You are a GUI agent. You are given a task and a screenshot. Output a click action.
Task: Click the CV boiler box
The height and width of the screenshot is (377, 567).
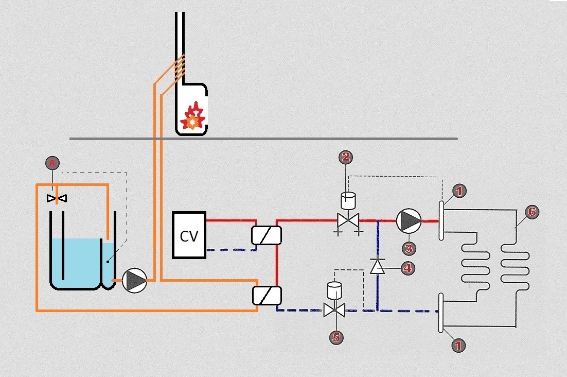point(189,235)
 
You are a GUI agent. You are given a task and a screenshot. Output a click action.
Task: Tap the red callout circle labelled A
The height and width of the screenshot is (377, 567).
point(51,164)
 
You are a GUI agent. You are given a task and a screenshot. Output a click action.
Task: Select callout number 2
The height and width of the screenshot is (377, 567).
point(345,157)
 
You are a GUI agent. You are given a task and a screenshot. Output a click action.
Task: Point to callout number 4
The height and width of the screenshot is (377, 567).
point(408,267)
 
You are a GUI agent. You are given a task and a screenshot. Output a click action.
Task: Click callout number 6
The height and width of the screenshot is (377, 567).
point(532,211)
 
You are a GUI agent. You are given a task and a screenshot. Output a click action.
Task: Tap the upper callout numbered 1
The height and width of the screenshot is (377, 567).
point(459,192)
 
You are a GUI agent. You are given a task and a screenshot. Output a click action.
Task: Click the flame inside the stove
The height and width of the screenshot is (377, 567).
point(193,118)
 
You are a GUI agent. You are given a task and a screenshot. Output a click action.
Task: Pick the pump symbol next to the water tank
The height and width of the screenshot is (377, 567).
point(135,281)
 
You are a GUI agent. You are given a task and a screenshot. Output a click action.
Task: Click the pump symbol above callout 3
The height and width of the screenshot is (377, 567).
point(409,221)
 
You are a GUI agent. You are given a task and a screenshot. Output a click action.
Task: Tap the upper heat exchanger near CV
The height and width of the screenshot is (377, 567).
point(267,235)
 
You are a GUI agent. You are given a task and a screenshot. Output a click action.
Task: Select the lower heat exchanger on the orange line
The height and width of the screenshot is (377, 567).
point(267,296)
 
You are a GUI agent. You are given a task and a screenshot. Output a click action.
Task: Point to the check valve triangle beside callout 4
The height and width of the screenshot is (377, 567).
point(378,266)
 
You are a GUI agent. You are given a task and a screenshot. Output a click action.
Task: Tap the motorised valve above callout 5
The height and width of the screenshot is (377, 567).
point(335,310)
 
